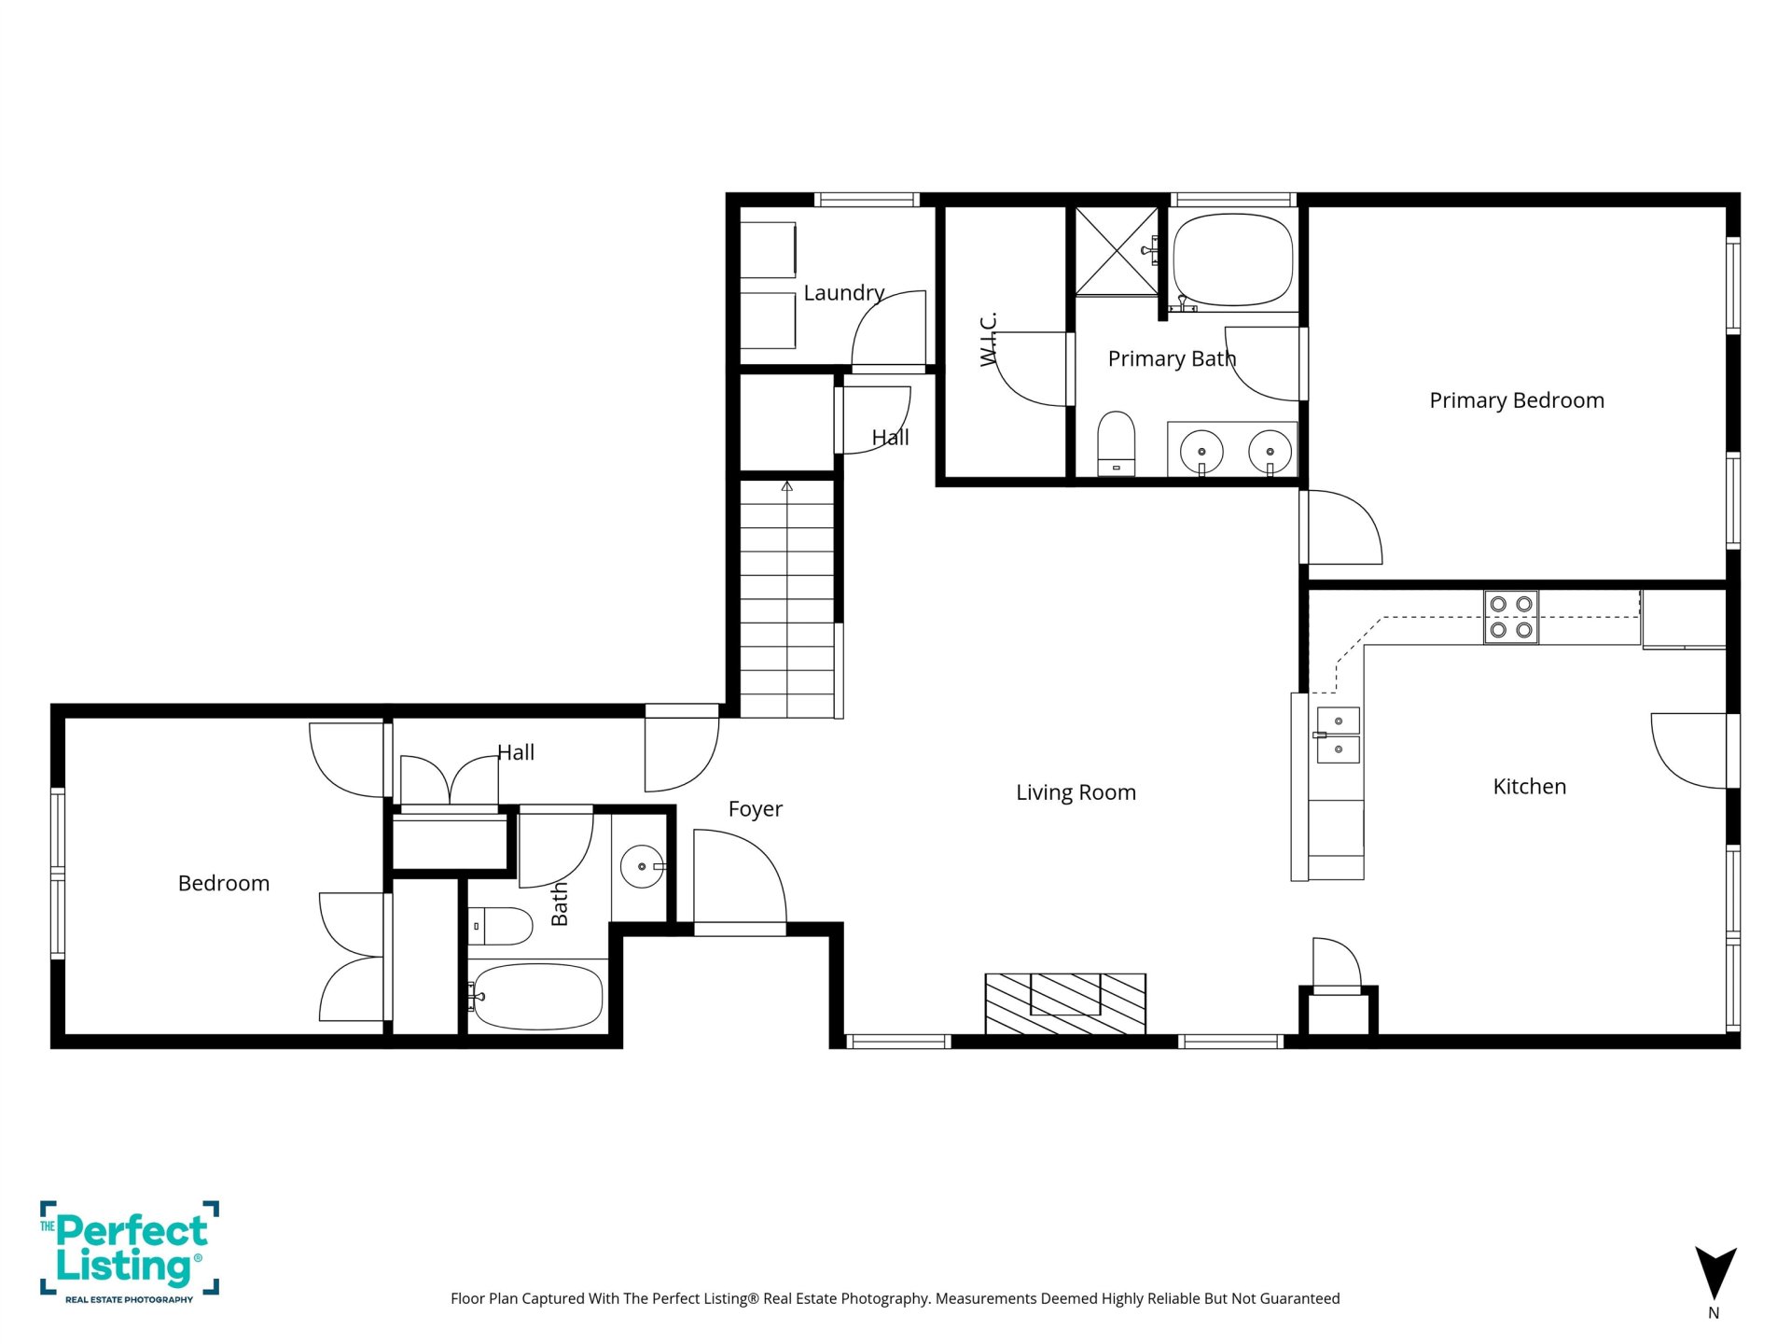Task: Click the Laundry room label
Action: pyautogui.click(x=844, y=293)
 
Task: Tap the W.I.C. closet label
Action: pyautogui.click(x=989, y=339)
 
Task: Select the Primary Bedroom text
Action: pyautogui.click(x=1517, y=400)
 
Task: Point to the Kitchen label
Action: pyautogui.click(x=1530, y=787)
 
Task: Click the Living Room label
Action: pyautogui.click(x=1076, y=792)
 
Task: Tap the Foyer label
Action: pyautogui.click(x=756, y=809)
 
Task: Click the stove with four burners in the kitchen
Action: pyautogui.click(x=1511, y=617)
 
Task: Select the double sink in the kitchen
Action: pyautogui.click(x=1338, y=735)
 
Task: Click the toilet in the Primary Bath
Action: pyautogui.click(x=1116, y=443)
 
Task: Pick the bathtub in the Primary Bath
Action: pyautogui.click(x=1233, y=260)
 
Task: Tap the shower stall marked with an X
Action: pyautogui.click(x=1117, y=251)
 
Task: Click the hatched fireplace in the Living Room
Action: pyautogui.click(x=1065, y=1003)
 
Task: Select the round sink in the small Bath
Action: pyautogui.click(x=642, y=867)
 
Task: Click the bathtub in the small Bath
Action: pyautogui.click(x=535, y=997)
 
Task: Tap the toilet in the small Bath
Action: pyautogui.click(x=499, y=926)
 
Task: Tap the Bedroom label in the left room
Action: pyautogui.click(x=224, y=884)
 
